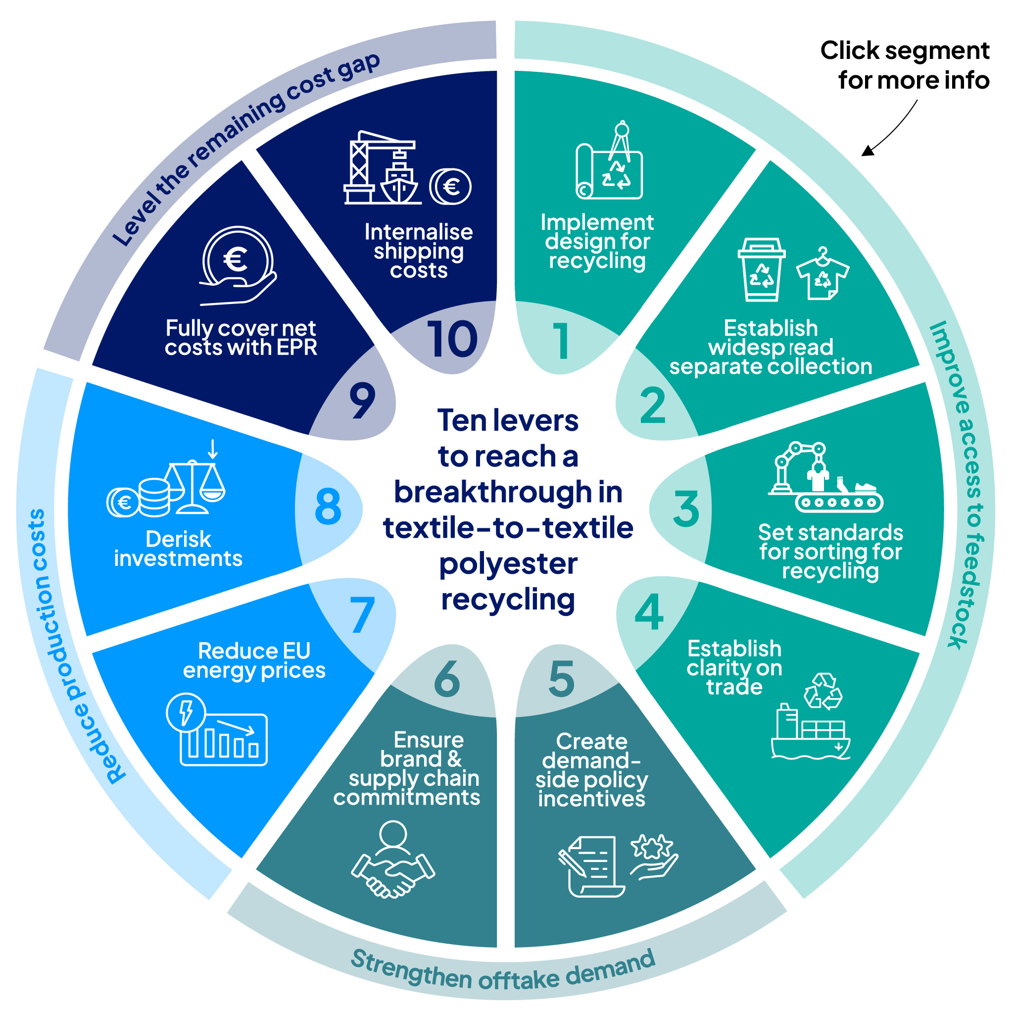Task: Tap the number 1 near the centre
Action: tap(561, 341)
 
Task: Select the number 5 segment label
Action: tap(561, 678)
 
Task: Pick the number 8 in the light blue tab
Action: tap(328, 506)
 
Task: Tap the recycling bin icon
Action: tap(761, 269)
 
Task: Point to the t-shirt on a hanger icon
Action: tap(822, 274)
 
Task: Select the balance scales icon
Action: tap(194, 486)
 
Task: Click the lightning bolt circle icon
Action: tap(186, 712)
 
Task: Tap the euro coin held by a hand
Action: tap(237, 259)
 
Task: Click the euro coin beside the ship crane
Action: tap(451, 187)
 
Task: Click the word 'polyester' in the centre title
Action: tap(508, 564)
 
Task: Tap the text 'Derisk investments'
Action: tap(178, 548)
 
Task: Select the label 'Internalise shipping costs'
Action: tap(418, 251)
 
